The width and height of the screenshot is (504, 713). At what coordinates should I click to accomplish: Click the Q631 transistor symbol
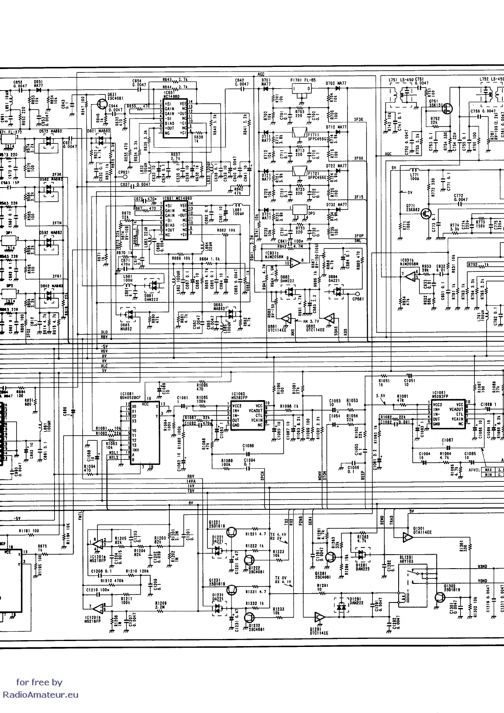[102, 104]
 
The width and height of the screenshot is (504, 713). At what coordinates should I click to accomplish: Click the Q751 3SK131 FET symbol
[447, 108]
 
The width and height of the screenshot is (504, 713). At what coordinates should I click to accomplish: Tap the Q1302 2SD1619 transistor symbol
[441, 598]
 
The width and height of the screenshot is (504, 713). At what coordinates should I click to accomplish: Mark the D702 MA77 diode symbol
[338, 88]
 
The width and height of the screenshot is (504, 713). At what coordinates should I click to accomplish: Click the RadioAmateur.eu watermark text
[41, 695]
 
